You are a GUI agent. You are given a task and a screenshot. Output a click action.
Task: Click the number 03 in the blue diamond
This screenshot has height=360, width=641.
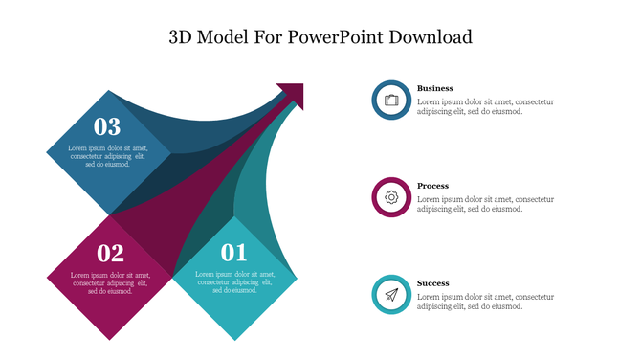(x=107, y=126)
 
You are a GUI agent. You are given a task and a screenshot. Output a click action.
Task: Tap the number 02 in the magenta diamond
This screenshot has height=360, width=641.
(x=111, y=254)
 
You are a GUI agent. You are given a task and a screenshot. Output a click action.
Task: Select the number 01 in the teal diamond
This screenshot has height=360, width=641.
(x=234, y=254)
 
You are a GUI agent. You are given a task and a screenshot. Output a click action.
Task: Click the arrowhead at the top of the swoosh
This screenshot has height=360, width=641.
(x=293, y=94)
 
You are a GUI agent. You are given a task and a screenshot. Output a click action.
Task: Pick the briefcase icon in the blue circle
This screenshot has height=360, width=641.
(x=391, y=100)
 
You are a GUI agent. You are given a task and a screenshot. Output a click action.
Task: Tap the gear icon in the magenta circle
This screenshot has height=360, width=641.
(x=391, y=197)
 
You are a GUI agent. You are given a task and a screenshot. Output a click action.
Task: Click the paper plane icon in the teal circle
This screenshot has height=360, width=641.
(x=391, y=295)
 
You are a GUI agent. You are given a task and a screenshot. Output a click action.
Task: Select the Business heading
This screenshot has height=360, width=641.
(x=435, y=88)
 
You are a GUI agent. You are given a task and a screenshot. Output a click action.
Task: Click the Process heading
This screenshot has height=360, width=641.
(x=432, y=186)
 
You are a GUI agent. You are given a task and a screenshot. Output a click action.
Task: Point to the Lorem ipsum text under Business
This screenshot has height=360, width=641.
(x=485, y=106)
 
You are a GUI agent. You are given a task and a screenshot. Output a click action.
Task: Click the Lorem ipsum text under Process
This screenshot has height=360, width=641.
(x=485, y=204)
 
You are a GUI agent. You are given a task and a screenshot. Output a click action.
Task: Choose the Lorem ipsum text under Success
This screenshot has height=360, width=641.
(x=485, y=302)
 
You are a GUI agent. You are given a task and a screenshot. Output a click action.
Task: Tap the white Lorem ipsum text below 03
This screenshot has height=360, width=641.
(x=107, y=156)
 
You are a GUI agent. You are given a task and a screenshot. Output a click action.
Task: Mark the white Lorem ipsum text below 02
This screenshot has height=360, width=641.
(x=111, y=282)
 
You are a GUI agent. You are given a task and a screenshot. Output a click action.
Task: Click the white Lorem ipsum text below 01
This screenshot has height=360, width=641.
(x=234, y=282)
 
